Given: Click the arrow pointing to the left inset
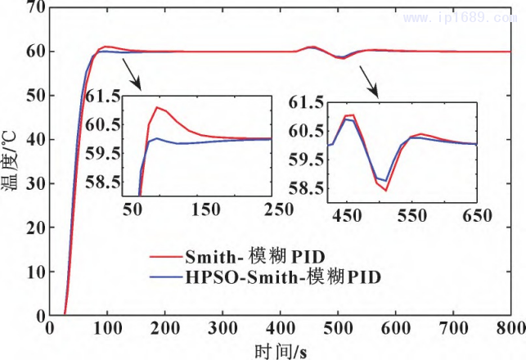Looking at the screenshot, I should (x=133, y=74).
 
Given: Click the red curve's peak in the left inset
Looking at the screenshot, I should (x=157, y=107).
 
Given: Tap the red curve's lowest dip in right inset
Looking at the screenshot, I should (x=385, y=191).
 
